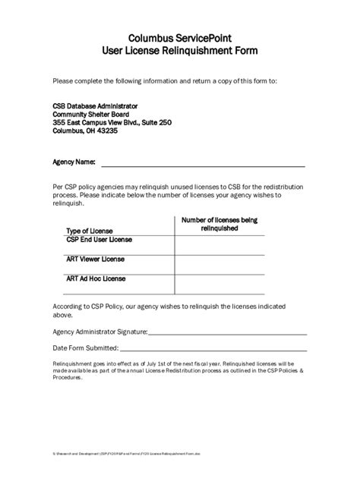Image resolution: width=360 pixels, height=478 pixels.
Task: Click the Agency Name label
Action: click(x=74, y=162)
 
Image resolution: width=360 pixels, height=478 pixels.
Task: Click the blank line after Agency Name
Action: click(x=204, y=164)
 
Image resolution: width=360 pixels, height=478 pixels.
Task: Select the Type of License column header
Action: click(x=89, y=231)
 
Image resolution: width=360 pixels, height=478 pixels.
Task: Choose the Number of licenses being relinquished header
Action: click(x=219, y=224)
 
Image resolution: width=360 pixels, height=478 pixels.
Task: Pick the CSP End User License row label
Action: click(x=99, y=240)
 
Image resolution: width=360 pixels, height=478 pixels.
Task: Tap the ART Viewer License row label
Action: click(x=95, y=259)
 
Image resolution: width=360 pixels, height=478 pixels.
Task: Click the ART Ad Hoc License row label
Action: click(x=96, y=278)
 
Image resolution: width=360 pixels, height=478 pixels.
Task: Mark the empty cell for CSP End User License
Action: click(x=219, y=245)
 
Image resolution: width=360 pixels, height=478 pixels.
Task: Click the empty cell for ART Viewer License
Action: click(x=219, y=265)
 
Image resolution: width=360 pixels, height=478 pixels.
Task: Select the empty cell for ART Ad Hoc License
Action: click(x=219, y=285)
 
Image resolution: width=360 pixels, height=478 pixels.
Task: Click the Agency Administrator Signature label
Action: click(x=100, y=332)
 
